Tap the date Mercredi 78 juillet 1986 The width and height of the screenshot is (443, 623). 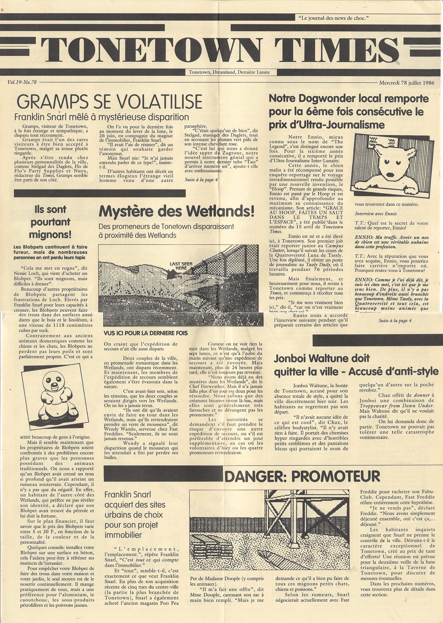(406, 83)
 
